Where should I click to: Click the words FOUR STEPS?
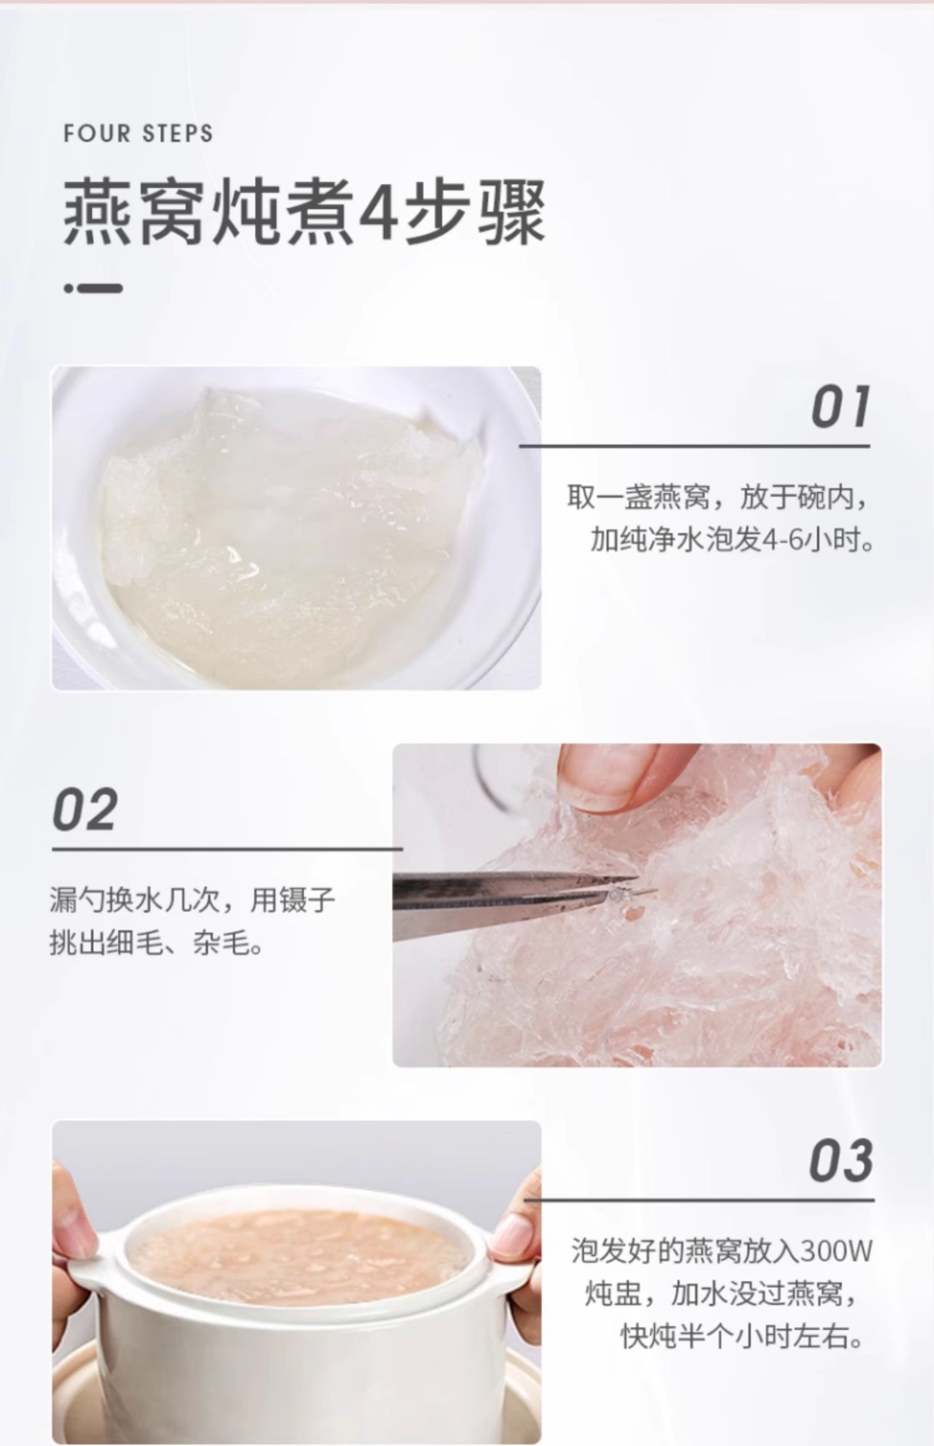click(138, 134)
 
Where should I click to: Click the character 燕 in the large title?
click(100, 212)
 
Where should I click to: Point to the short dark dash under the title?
click(93, 288)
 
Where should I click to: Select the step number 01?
click(840, 407)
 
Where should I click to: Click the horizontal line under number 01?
click(694, 446)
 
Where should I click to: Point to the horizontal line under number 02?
click(227, 848)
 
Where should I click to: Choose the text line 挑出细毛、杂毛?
click(156, 945)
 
